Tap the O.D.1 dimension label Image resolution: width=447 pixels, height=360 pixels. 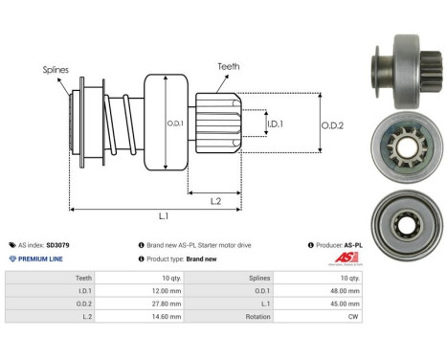[173, 122]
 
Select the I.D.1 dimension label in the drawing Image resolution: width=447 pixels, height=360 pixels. [275, 124]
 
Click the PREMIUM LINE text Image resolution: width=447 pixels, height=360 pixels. [41, 259]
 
